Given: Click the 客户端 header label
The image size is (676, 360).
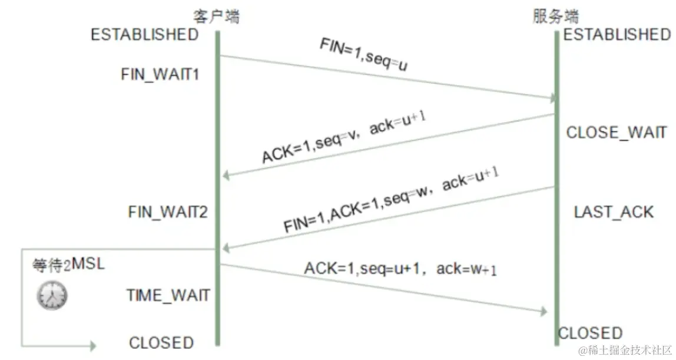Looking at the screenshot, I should point(217,16).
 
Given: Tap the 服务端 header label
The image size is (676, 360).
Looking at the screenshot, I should point(555,16).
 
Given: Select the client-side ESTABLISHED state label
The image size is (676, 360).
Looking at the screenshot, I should point(144,35).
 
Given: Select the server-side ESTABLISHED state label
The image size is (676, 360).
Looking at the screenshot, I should point(617,35).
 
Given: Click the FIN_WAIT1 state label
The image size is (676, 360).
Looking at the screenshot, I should point(159,75).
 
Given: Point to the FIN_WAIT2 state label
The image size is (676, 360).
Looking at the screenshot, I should point(168,212).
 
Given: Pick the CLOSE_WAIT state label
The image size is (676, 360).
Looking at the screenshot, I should point(617,133).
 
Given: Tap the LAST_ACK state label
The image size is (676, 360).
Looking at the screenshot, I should point(614,212).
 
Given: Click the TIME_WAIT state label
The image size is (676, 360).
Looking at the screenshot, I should point(168,295).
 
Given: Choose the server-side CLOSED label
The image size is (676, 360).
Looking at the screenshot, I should point(590,333).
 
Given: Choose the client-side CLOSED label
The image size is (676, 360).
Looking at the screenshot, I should point(161,343).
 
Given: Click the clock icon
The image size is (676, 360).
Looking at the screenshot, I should point(52,295).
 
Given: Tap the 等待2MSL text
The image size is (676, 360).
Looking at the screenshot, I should point(68,265).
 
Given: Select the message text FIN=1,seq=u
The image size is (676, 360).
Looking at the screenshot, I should point(363,56).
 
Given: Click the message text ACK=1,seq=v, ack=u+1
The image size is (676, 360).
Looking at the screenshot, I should point(344,139).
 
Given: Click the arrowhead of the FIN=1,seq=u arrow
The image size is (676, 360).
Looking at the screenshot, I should point(552,97).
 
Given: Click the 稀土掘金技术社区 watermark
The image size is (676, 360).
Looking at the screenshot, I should point(625,351).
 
